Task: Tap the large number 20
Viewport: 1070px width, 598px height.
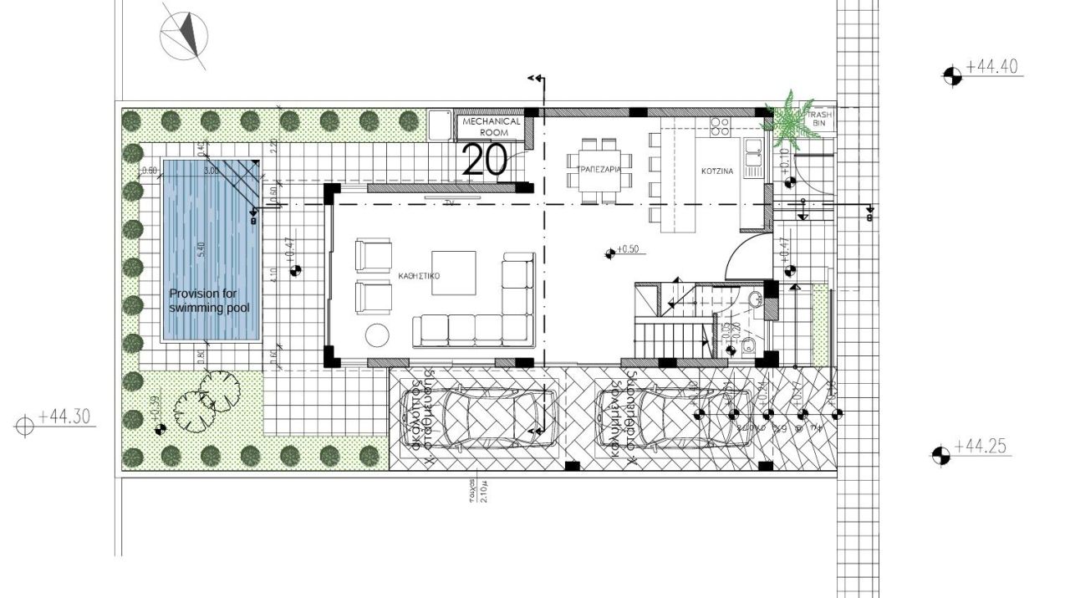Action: pos(485,160)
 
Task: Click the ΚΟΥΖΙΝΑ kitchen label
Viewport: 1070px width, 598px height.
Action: pos(717,171)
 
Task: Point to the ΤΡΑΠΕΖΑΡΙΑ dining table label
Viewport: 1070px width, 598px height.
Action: pos(596,169)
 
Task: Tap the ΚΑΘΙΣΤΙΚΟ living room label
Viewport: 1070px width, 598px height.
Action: pos(420,274)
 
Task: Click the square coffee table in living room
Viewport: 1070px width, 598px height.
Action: pos(454,273)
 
